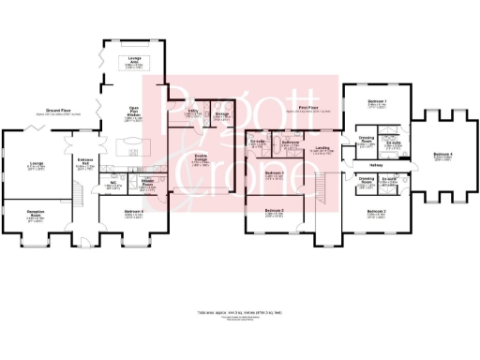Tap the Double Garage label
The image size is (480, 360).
[x=201, y=157]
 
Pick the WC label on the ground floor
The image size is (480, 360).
[x=111, y=182]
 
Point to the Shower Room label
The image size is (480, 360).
[x=147, y=183]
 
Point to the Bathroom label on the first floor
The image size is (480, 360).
[x=292, y=143]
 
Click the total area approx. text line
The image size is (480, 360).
[x=239, y=310]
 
